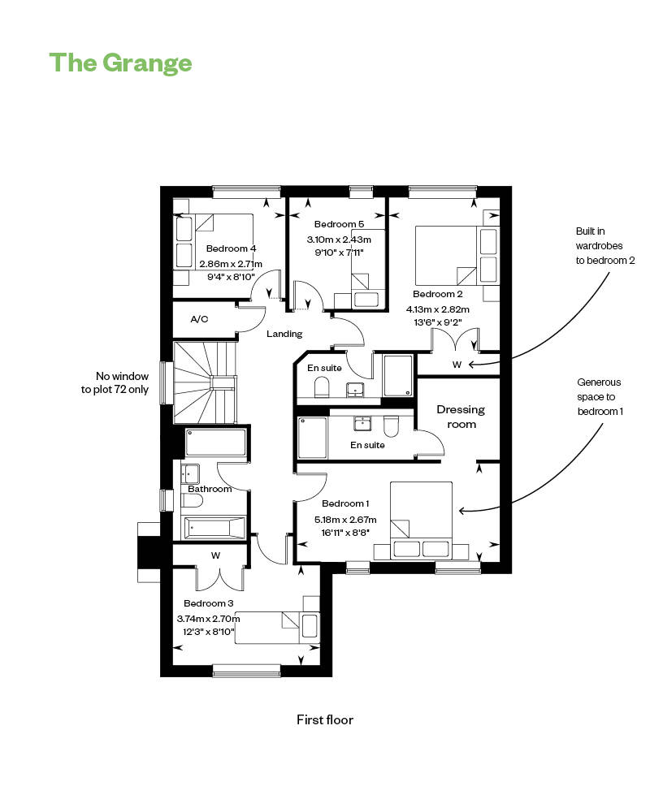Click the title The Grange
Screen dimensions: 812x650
point(121,63)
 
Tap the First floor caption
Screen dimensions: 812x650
point(325,719)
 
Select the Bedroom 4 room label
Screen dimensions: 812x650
point(231,248)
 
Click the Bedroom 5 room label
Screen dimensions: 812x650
point(339,224)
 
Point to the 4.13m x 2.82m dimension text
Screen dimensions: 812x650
point(439,309)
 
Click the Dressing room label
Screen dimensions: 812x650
point(461,417)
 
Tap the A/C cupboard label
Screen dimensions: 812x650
point(199,319)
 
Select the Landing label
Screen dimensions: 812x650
point(284,334)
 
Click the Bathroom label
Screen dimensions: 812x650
point(210,489)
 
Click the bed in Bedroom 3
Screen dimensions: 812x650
point(276,627)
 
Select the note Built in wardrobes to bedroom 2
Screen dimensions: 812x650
point(604,246)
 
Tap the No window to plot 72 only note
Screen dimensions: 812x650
point(122,382)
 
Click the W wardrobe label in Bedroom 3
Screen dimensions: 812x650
point(215,556)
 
